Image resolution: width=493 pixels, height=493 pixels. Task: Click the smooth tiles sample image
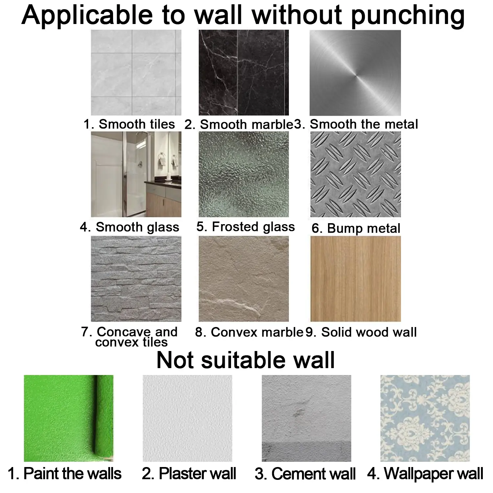pyautogui.click(x=136, y=73)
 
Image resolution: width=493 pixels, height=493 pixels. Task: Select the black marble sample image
pyautogui.click(x=244, y=73)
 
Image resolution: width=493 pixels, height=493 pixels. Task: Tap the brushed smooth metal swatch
pyautogui.click(x=355, y=73)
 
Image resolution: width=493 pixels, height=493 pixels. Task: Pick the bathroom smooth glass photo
pyautogui.click(x=136, y=174)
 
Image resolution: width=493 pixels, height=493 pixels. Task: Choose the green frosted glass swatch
pyautogui.click(x=244, y=174)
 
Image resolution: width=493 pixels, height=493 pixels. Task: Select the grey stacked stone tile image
pyautogui.click(x=136, y=279)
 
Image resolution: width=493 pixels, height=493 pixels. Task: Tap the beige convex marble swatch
pyautogui.click(x=244, y=279)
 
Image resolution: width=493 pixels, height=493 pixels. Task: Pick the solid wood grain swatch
pyautogui.click(x=356, y=279)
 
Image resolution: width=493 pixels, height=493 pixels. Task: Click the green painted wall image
pyautogui.click(x=69, y=418)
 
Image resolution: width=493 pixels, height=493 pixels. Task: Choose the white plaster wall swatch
pyautogui.click(x=187, y=418)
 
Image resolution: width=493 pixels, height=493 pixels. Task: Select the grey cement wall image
pyautogui.click(x=306, y=418)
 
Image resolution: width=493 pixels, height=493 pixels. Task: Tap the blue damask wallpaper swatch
pyautogui.click(x=425, y=418)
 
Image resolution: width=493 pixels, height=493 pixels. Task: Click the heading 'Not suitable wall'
pyautogui.click(x=246, y=360)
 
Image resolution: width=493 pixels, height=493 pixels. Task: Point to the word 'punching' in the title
pyautogui.click(x=408, y=16)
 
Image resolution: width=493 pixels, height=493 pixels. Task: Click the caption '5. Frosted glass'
pyautogui.click(x=246, y=227)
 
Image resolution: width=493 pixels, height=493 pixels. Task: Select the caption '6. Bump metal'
pyautogui.click(x=356, y=228)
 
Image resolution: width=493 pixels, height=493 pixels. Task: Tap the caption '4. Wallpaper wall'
pyautogui.click(x=425, y=474)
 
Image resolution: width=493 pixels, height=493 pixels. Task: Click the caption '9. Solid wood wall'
pyautogui.click(x=361, y=332)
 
